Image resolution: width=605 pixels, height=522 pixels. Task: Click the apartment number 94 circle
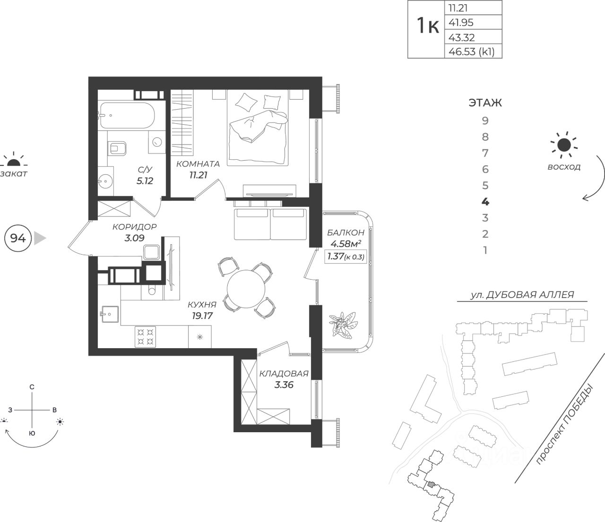pyautogui.click(x=18, y=239)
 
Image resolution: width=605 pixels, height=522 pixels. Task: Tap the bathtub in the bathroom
pyautogui.click(x=127, y=115)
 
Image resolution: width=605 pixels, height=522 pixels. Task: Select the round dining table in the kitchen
pyautogui.click(x=246, y=289)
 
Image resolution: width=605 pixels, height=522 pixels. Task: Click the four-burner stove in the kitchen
pyautogui.click(x=145, y=337)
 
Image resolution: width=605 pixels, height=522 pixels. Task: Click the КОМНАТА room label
pyautogui.click(x=198, y=164)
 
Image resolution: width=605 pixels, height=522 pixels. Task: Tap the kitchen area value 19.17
pyautogui.click(x=202, y=316)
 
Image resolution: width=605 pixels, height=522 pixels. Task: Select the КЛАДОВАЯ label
pyautogui.click(x=284, y=373)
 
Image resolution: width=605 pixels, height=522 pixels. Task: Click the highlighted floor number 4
pyautogui.click(x=485, y=202)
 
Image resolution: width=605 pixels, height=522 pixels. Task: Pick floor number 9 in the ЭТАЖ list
pyautogui.click(x=485, y=120)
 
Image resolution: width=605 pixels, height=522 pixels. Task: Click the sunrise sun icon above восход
pyautogui.click(x=564, y=145)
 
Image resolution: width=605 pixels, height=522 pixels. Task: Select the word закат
pyautogui.click(x=14, y=173)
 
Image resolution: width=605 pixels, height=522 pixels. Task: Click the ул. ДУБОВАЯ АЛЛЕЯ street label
pyautogui.click(x=522, y=295)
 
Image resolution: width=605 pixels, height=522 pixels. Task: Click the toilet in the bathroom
pyautogui.click(x=117, y=148)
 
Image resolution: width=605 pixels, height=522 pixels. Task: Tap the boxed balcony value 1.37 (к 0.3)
pyautogui.click(x=346, y=257)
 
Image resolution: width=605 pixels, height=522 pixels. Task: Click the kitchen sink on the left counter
pyautogui.click(x=110, y=314)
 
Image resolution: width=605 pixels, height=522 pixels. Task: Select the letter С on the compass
pyautogui.click(x=32, y=387)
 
